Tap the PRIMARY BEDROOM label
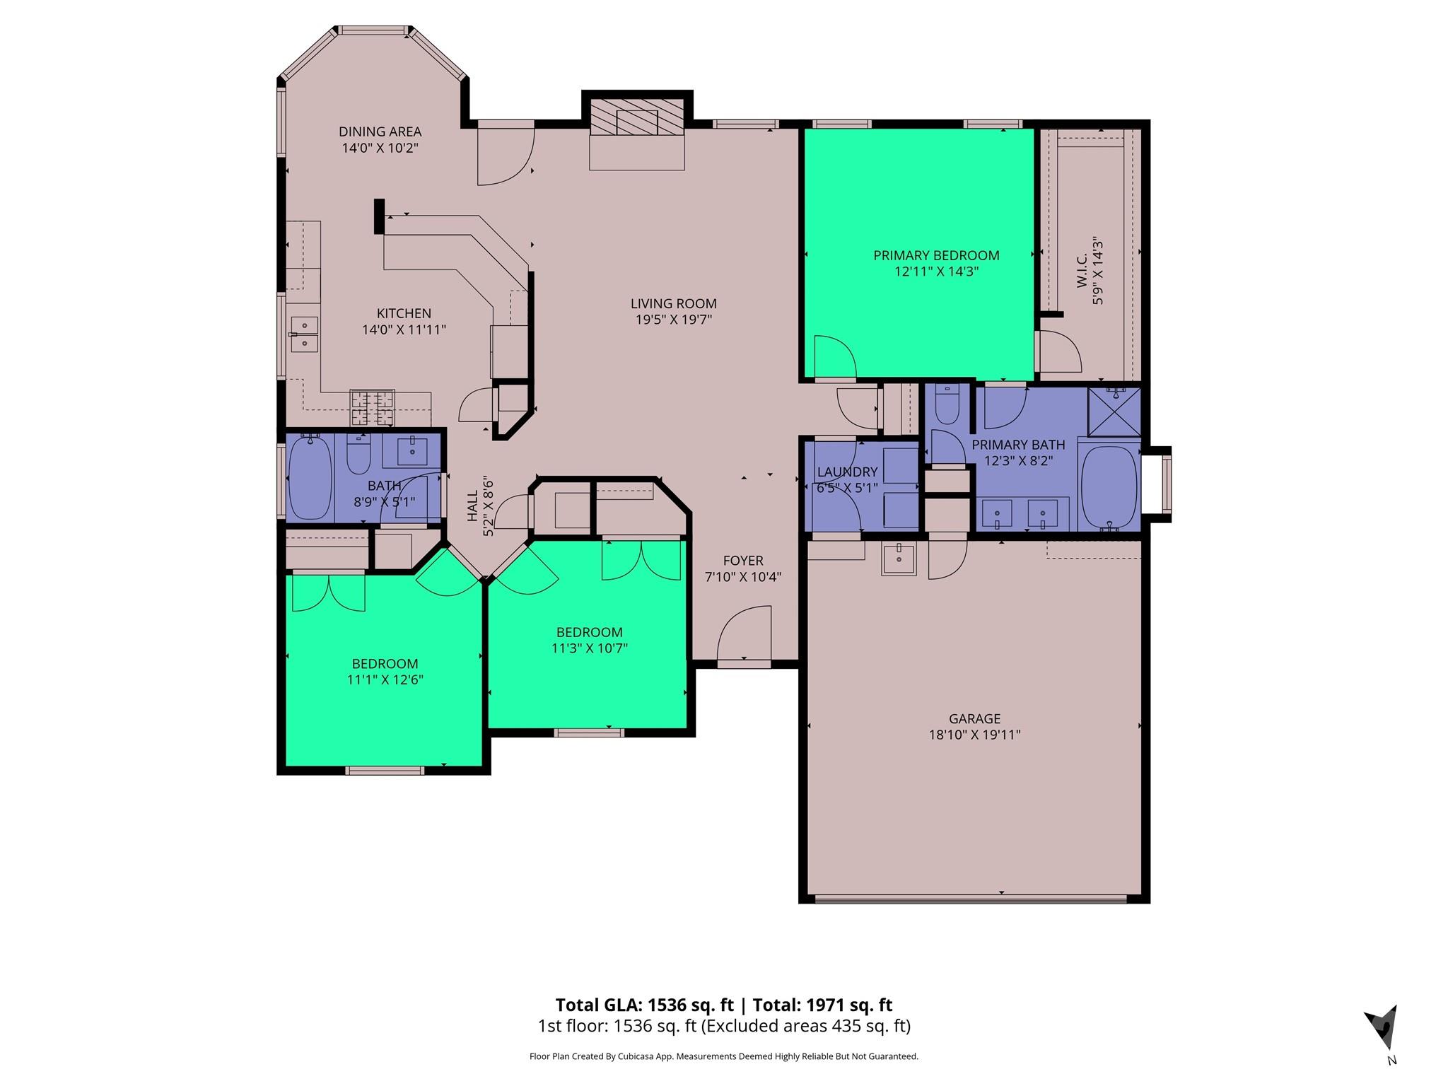[x=935, y=255]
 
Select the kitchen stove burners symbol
[x=372, y=409]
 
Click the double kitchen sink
[x=304, y=334]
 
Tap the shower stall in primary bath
[x=1114, y=412]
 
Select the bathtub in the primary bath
[x=1109, y=488]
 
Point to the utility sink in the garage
[x=899, y=559]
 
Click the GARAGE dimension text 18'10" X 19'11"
[x=974, y=735]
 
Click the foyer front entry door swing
[x=742, y=633]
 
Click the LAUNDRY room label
[x=847, y=472]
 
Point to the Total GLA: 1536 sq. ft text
[x=644, y=1005]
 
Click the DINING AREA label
[x=380, y=132]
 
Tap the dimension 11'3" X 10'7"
[x=589, y=648]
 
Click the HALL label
[x=472, y=506]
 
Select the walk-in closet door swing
[x=1058, y=351]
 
